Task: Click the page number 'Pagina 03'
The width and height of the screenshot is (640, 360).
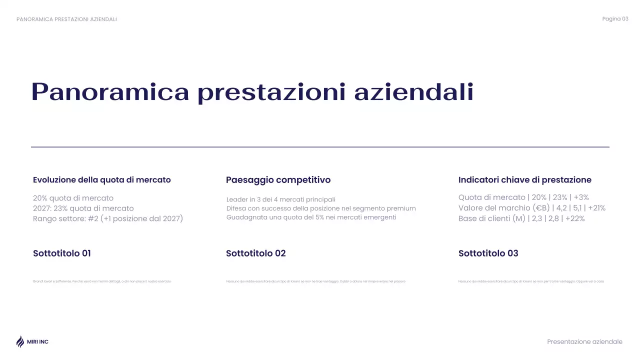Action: pos(615,19)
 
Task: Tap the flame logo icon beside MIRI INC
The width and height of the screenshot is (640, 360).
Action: pos(20,341)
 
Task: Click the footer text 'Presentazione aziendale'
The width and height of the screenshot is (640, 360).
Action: pos(584,342)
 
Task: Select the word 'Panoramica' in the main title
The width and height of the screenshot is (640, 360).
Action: pos(110,92)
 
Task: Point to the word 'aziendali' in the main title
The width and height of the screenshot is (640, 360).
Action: pos(413,92)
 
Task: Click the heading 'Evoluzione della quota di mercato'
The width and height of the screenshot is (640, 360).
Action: pos(102,180)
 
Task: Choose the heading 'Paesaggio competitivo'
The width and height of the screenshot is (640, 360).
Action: pos(278,180)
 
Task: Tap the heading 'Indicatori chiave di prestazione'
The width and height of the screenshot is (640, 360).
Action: pos(524,180)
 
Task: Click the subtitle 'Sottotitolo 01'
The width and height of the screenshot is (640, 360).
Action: pos(62,253)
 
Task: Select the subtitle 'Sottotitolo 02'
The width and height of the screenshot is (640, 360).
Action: pos(256,253)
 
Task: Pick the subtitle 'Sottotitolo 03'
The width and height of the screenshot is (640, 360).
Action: pos(488,253)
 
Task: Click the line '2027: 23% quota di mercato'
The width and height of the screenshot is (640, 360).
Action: pos(83,208)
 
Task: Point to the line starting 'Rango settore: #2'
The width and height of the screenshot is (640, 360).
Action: pos(108,219)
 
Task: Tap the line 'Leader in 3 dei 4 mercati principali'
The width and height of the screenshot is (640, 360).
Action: pos(280,199)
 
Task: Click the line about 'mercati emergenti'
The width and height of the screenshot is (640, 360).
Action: pos(311,217)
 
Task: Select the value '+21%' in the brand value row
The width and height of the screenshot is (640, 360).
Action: pos(597,208)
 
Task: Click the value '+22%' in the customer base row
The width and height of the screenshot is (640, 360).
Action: pos(575,219)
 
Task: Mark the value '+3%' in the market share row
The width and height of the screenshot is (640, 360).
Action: pos(581,197)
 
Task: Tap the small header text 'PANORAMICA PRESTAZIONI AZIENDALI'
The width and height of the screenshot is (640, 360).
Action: pos(66,19)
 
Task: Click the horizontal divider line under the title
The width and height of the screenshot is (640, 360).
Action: pos(320,147)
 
